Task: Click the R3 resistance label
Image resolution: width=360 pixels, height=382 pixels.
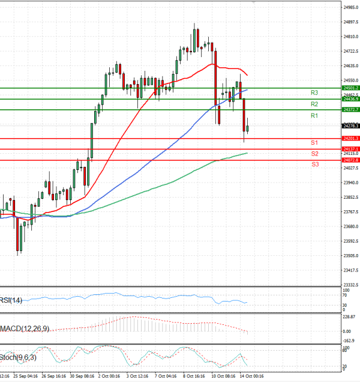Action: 314,93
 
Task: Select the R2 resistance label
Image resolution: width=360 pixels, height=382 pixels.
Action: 314,104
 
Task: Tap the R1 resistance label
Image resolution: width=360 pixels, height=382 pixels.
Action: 314,115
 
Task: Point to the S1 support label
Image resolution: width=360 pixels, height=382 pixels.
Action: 314,142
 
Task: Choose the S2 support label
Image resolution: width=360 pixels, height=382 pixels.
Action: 314,154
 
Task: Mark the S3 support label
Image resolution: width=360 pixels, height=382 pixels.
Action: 314,164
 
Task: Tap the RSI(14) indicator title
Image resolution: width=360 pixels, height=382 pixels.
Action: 11,300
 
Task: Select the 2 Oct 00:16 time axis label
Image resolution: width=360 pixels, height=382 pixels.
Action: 110,376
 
